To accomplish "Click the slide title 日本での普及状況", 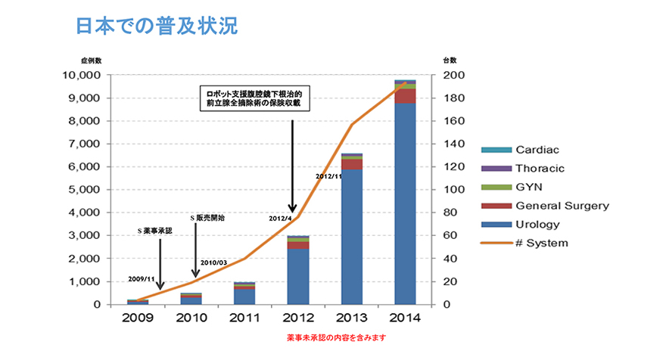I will (157, 26).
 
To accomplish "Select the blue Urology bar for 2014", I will (404, 204).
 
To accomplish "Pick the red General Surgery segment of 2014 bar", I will (404, 96).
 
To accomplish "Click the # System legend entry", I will (540, 244).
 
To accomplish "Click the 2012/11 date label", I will (328, 176).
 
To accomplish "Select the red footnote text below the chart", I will (336, 337).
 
